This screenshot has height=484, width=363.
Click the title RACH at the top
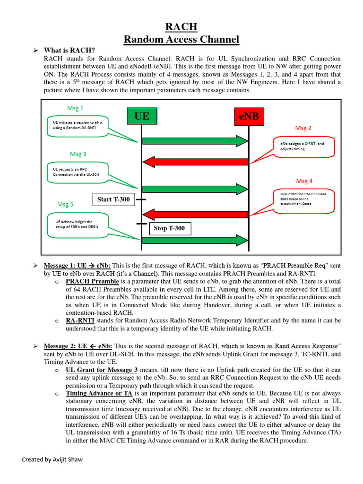click(x=181, y=26)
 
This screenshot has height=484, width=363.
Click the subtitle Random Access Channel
click(x=181, y=40)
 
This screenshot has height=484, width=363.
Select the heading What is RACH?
click(x=69, y=51)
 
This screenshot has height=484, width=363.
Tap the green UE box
click(x=142, y=116)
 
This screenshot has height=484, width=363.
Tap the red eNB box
click(x=249, y=116)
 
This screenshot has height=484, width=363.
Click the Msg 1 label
click(x=75, y=108)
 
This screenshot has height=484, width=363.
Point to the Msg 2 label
click(x=303, y=128)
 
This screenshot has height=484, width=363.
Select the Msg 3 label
click(x=78, y=154)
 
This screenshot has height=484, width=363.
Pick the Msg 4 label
click(x=304, y=181)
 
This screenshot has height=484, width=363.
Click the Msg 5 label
click(x=65, y=205)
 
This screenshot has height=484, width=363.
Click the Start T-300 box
click(x=113, y=199)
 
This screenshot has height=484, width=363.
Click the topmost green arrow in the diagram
click(x=195, y=140)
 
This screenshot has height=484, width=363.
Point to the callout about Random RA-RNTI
click(x=78, y=125)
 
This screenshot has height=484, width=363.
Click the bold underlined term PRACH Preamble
click(x=92, y=281)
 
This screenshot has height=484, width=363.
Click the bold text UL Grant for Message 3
click(x=102, y=370)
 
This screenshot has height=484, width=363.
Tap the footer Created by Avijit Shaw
click(x=52, y=459)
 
